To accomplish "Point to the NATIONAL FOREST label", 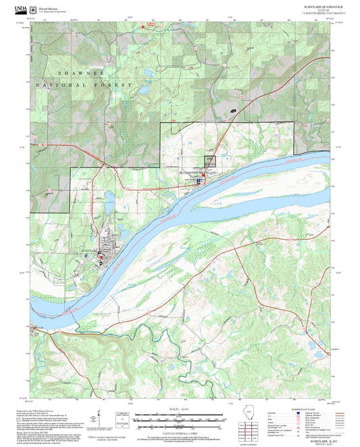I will pyautogui.click(x=71, y=86).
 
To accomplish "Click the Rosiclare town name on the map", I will pyautogui.click(x=91, y=251).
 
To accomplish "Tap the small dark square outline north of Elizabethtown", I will pyautogui.click(x=210, y=161).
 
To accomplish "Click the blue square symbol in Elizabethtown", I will pyautogui.click(x=199, y=181).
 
